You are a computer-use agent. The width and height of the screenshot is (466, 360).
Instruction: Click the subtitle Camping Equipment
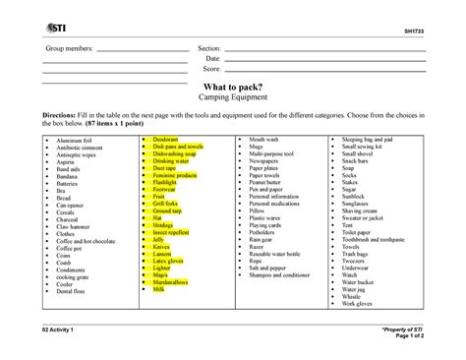(x=233, y=99)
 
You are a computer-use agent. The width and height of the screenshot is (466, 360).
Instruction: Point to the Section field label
(x=208, y=49)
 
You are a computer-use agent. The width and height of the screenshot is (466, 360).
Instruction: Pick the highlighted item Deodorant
(x=165, y=141)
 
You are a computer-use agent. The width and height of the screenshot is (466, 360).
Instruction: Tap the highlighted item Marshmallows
(x=173, y=281)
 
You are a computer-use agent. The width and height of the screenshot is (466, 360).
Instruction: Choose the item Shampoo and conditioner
(x=284, y=274)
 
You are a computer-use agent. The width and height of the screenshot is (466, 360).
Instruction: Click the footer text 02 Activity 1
(x=60, y=329)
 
